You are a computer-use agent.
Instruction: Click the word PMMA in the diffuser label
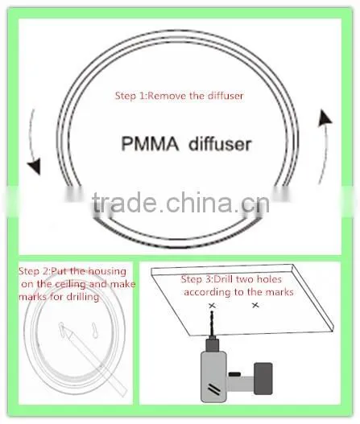pos(150,143)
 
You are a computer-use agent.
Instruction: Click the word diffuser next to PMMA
pos(220,143)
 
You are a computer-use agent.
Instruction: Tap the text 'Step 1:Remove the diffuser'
pos(179,96)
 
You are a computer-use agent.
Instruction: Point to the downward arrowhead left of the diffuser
pos(35,166)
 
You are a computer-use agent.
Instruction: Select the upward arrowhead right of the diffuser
pos(324,117)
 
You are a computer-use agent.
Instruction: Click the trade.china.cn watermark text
pos(181,203)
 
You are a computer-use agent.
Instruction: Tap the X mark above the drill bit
pos(212,306)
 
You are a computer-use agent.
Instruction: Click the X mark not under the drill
pos(255,305)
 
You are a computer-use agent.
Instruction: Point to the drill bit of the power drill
pos(212,324)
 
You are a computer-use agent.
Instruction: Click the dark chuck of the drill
pos(212,345)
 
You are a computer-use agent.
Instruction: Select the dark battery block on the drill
pos(263,378)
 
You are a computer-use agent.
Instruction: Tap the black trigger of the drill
pos(234,374)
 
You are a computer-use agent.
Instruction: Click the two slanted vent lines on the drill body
pos(214,389)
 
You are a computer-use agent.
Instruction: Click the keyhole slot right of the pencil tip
pos(94,330)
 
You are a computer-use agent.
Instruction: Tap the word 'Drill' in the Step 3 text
pos(224,279)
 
